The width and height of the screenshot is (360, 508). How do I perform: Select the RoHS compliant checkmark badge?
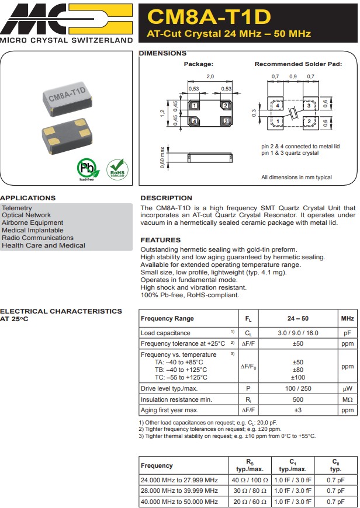[x=116, y=169]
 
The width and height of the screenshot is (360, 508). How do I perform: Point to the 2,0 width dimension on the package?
[x=210, y=77]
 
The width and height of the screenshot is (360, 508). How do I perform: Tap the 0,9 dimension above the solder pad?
[x=293, y=77]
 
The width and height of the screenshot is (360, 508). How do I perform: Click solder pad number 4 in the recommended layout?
[x=278, y=106]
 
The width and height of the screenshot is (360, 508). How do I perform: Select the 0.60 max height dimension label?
[x=162, y=157]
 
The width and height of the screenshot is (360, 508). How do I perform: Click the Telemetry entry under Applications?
[x=17, y=208]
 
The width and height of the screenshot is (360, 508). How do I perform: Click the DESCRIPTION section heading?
[x=166, y=198]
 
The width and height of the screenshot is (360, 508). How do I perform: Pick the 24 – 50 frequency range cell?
[x=297, y=319]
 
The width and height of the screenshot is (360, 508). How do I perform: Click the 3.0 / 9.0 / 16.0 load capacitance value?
[x=297, y=333]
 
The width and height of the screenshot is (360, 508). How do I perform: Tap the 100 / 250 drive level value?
[x=297, y=388]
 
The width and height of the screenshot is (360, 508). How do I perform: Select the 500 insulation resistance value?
[x=297, y=399]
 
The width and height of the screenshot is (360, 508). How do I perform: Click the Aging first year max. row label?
[x=169, y=410]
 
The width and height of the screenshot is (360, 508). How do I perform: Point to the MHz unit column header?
[x=347, y=319]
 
